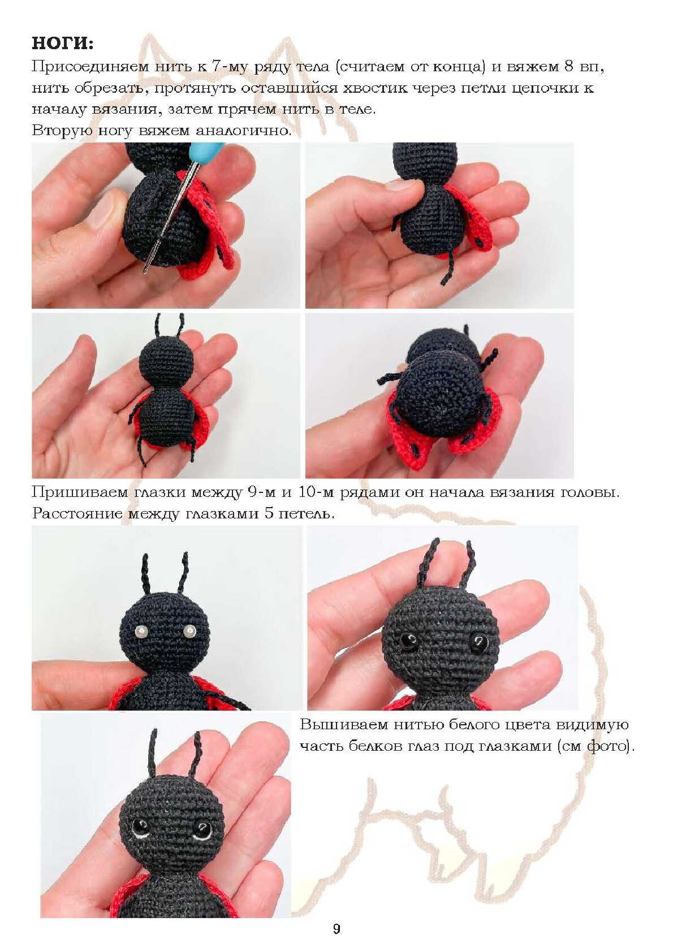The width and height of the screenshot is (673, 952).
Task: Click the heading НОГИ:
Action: [63, 44]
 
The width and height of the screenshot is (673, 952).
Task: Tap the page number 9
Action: [336, 929]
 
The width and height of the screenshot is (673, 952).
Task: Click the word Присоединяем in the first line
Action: [90, 67]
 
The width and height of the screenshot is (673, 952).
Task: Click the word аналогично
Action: [244, 131]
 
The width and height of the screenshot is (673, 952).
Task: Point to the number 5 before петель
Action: [269, 514]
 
